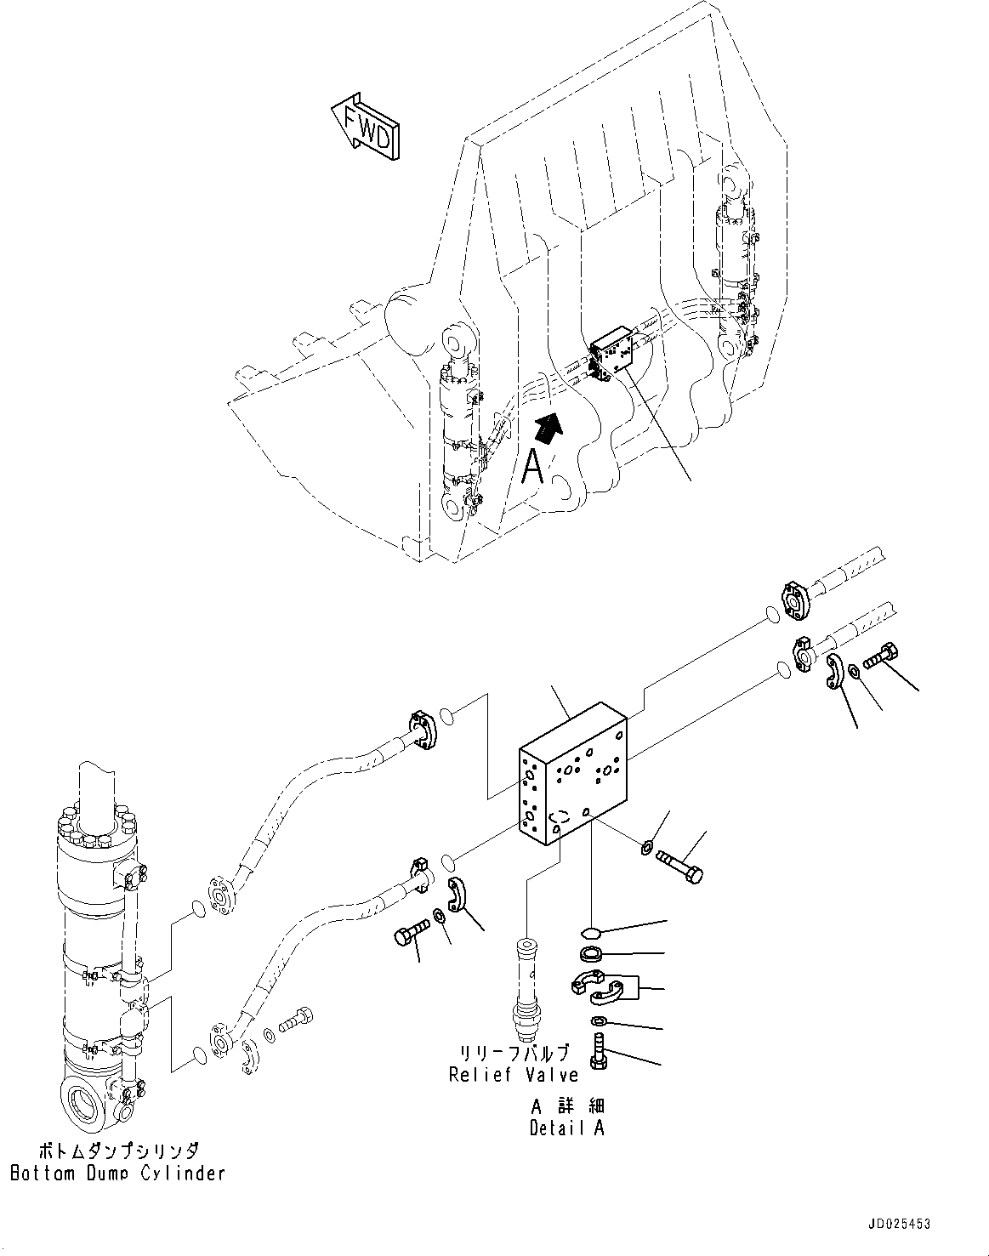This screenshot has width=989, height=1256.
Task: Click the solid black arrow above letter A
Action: pos(548,425)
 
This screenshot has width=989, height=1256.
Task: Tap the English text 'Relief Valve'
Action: pos(514,1074)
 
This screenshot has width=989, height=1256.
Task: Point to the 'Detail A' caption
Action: pos(568,1128)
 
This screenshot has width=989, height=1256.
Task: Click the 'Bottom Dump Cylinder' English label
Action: pos(117,1173)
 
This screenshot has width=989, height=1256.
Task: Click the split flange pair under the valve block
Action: pos(599,986)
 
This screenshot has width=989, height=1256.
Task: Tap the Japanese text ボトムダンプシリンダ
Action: pos(117,1151)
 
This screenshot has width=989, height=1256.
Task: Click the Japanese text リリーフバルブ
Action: pos(514,1053)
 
